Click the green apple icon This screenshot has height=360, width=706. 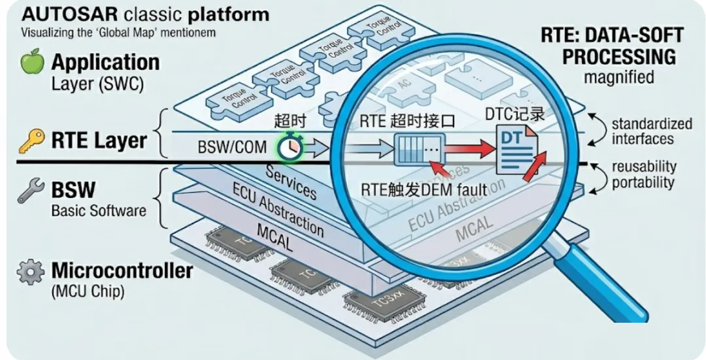pos(32,63)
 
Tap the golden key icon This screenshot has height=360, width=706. pos(31,140)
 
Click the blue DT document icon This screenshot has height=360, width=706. pos(513,150)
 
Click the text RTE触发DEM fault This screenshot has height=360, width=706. pos(424,191)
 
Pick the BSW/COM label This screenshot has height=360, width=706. pos(232,147)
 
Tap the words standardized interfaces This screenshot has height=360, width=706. pos(642,131)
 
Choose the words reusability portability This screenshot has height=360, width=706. pos(643,175)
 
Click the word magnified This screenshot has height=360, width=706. pos(618,77)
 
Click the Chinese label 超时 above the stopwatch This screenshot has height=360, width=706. pos(290,121)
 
